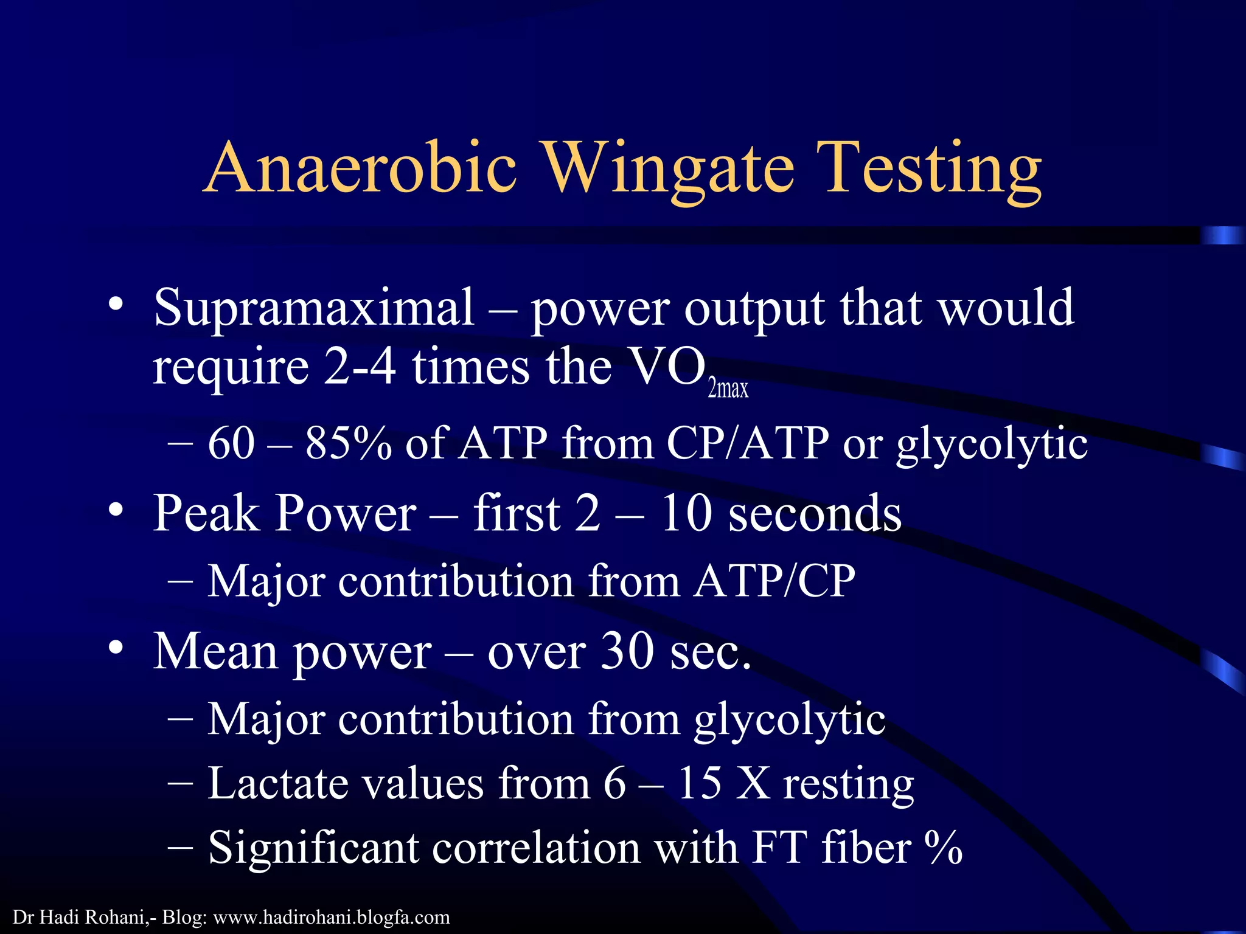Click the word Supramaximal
(x=313, y=308)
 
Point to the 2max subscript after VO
(x=728, y=389)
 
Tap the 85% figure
(x=348, y=443)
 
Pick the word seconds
(x=815, y=513)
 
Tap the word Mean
(x=215, y=651)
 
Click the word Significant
(x=313, y=848)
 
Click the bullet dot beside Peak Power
(x=116, y=510)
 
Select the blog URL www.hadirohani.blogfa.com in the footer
(x=331, y=917)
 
